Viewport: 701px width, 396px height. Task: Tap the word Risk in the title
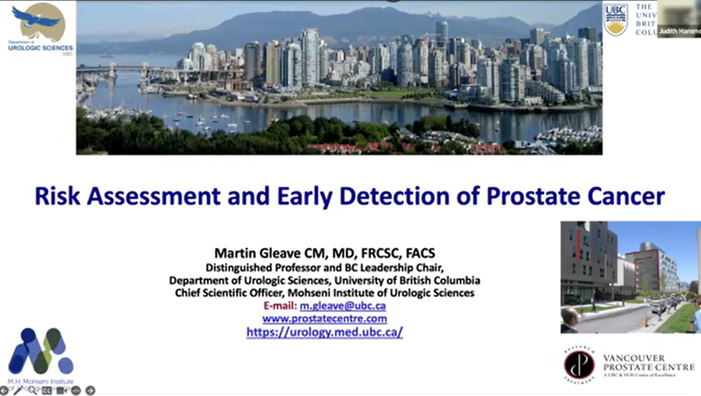57,196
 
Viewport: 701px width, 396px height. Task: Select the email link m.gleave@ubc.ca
342,306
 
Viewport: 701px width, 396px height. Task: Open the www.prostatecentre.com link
325,318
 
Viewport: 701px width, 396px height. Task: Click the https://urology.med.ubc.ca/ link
325,332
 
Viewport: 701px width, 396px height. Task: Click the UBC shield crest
616,20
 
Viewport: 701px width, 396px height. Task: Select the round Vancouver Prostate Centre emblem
579,365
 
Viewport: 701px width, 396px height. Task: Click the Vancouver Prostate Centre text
648,363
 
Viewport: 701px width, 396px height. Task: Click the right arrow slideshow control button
90,390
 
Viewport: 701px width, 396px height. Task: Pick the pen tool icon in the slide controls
18,390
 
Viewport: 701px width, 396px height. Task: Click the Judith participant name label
679,31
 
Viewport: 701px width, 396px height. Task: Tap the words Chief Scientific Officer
229,293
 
